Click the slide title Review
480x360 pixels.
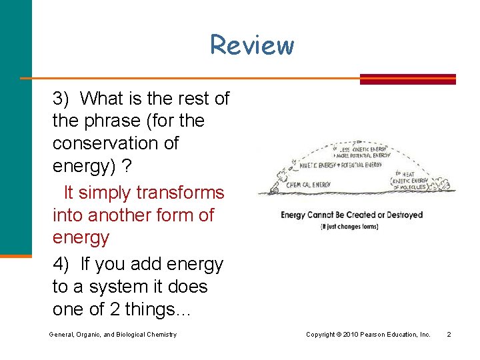(x=251, y=45)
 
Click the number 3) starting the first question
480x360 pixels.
(x=61, y=99)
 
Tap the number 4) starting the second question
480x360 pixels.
(x=61, y=265)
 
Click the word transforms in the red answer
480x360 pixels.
(x=180, y=193)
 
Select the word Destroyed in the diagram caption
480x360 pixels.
(x=401, y=215)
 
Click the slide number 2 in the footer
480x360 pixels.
(x=449, y=334)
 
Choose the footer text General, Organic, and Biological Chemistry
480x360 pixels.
(x=113, y=334)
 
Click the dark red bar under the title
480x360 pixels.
(x=407, y=79)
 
